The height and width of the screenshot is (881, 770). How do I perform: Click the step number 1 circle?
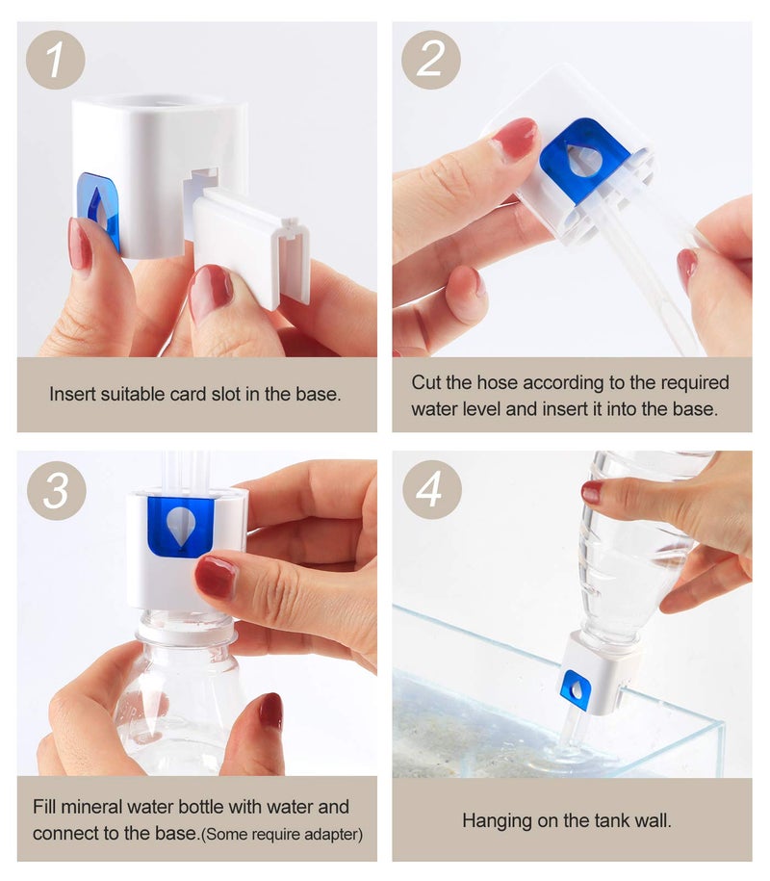point(55,60)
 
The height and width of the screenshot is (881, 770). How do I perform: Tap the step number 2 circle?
point(431,60)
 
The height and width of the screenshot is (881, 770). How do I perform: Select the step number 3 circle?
point(56,490)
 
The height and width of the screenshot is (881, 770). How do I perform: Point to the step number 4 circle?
point(432,490)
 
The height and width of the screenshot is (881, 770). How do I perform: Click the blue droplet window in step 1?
point(99,208)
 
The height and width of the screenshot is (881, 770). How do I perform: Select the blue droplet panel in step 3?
point(180,527)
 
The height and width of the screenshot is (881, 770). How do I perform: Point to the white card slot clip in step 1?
point(251,246)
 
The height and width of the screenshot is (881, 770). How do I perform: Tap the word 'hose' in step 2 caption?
point(497,382)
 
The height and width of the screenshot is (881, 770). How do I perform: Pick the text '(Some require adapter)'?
point(282,834)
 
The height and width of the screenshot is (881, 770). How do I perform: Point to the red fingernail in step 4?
point(591,492)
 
